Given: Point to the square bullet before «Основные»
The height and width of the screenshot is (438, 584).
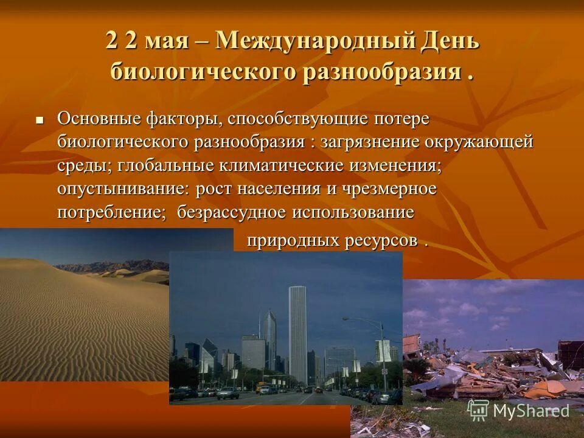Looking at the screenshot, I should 41,120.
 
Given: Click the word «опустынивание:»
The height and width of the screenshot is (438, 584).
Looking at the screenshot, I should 124,189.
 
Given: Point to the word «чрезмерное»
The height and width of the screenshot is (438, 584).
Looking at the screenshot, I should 389,189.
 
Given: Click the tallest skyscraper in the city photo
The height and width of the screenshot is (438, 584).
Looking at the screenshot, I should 297,335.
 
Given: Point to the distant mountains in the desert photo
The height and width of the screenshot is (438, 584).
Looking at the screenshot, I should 116,266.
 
